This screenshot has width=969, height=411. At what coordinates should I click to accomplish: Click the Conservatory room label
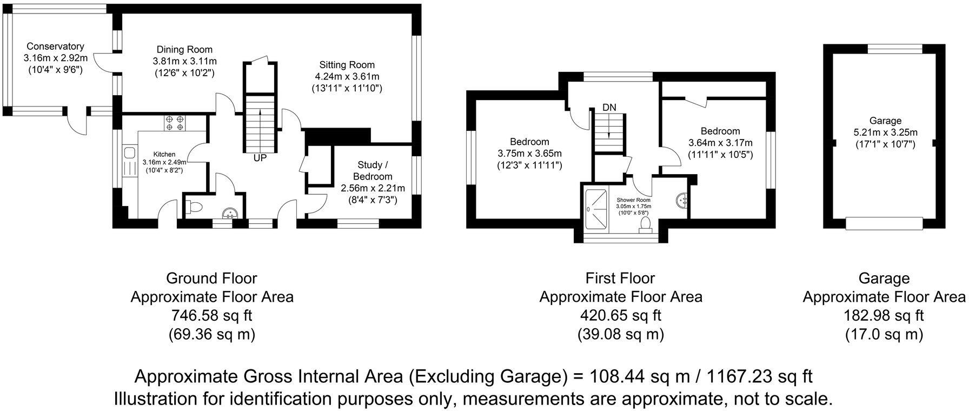click(x=55, y=47)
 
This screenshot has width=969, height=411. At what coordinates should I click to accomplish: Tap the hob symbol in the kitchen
click(x=174, y=123)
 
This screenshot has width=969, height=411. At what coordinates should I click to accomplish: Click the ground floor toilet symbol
click(x=194, y=206)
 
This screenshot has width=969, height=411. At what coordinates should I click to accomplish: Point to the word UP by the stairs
click(x=260, y=158)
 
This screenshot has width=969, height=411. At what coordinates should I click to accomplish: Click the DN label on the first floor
click(x=609, y=108)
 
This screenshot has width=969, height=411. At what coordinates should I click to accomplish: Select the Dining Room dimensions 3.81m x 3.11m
click(x=184, y=61)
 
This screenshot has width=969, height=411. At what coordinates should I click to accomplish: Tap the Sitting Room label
click(x=347, y=65)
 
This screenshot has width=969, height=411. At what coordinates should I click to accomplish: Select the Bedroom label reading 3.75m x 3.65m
click(x=529, y=154)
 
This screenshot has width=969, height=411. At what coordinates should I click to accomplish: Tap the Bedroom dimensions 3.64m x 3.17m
click(x=720, y=143)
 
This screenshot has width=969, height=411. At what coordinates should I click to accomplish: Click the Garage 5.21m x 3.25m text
click(x=885, y=132)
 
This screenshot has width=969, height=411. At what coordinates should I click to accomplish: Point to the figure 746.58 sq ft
click(x=211, y=315)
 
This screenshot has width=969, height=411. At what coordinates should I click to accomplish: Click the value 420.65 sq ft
click(x=620, y=315)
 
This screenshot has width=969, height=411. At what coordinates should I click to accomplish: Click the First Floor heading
click(x=620, y=279)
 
